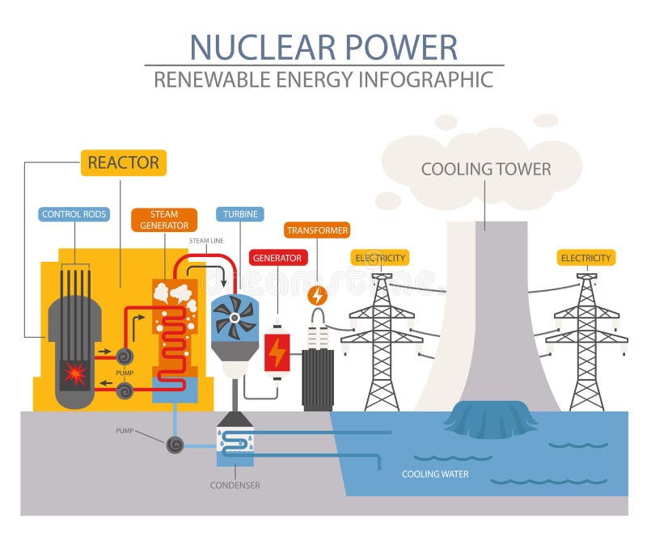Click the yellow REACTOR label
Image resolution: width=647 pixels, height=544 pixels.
point(123,162)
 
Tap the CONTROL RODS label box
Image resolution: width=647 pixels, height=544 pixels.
point(74,214)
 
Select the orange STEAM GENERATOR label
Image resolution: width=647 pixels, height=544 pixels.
point(164,220)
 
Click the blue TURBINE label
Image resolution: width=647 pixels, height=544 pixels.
point(239,214)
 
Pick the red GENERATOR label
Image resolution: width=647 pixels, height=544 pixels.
point(277,258)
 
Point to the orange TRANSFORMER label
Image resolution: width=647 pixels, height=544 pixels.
point(317,230)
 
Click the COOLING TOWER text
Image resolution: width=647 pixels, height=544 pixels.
point(485,169)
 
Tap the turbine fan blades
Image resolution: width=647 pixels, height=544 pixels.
point(234,317)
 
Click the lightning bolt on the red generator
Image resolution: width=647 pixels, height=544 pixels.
point(277,352)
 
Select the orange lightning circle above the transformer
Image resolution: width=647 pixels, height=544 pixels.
point(318,295)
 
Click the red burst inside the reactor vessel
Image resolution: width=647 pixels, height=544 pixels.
point(75,374)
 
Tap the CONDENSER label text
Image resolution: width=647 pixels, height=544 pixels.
point(235,485)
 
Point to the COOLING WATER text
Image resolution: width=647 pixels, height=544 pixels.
point(435,474)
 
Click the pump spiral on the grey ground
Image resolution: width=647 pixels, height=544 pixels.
point(174,445)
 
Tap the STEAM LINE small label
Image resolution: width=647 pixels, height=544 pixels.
point(206,241)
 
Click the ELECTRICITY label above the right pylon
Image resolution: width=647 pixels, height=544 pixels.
point(586,258)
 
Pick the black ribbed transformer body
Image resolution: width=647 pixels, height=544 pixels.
point(318,377)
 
